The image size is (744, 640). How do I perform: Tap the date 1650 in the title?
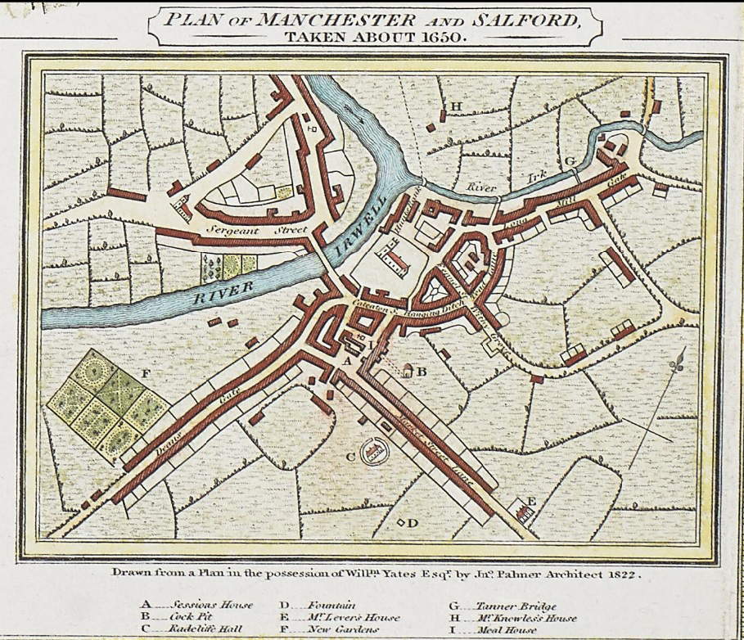[442, 37]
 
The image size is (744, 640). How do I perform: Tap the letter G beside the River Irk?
[570, 160]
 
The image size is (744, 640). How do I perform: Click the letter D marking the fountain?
[413, 522]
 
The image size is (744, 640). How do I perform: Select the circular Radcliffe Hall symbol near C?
[377, 451]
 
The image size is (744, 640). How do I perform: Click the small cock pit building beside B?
[404, 371]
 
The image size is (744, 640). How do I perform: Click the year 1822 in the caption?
[621, 574]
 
